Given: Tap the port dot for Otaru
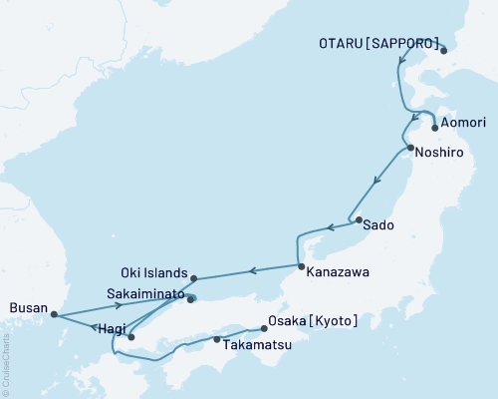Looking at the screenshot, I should (x=444, y=50).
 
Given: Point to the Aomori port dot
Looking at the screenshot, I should (x=435, y=128).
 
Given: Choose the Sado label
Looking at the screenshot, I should (x=378, y=225).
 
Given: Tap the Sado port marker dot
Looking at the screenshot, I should (x=357, y=219).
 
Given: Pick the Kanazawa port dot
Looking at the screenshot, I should (x=301, y=266).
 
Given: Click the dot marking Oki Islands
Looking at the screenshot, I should (x=194, y=278).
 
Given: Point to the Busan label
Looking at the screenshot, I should (x=27, y=309).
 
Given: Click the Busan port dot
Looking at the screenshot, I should (x=54, y=315).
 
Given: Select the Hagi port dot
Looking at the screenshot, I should (x=130, y=337).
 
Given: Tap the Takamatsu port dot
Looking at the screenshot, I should (x=216, y=340).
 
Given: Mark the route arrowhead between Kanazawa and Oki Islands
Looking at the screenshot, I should (x=252, y=270).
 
